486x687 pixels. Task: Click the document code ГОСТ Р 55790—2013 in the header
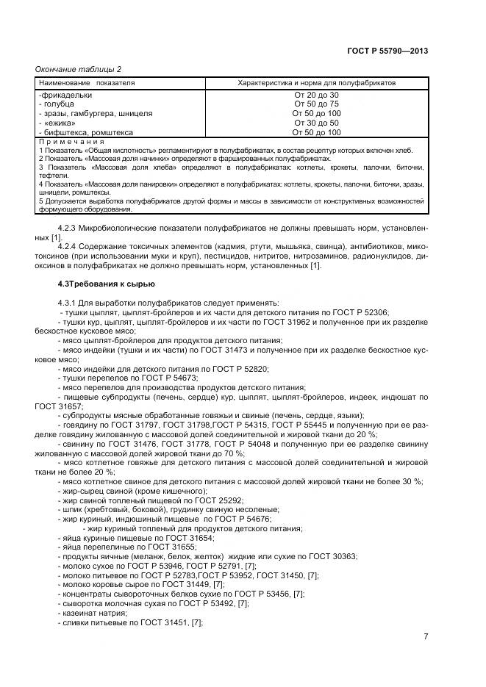387,51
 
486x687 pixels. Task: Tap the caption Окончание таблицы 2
79,69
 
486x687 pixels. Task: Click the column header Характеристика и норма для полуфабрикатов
316,83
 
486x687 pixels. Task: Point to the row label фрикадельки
66,95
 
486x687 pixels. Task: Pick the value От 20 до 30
316,95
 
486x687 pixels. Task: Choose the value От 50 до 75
316,104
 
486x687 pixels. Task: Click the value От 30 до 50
316,123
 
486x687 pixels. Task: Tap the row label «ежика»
59,123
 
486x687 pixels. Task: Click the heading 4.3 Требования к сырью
107,284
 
